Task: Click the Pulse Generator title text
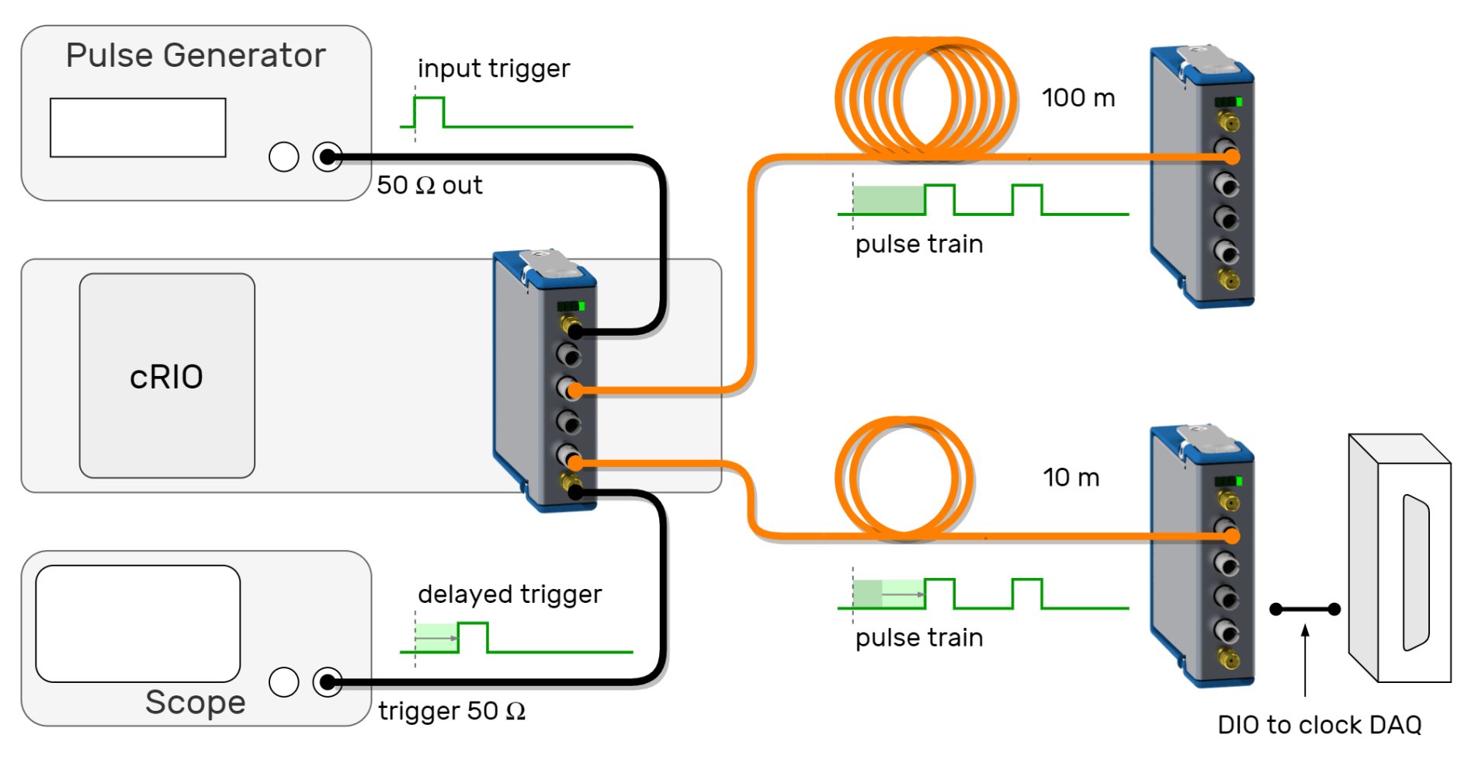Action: [196, 56]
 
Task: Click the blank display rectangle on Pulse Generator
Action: [137, 127]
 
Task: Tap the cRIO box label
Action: [166, 377]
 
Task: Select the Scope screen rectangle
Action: [137, 623]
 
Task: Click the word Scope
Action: [195, 702]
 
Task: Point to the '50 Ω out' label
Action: [429, 185]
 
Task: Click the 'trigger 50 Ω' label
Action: [451, 711]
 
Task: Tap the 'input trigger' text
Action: [493, 68]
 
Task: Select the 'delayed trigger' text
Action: [509, 594]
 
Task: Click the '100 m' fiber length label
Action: [1078, 98]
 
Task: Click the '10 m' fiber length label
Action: [1071, 477]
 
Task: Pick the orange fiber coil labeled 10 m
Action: [904, 478]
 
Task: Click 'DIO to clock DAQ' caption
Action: [1319, 725]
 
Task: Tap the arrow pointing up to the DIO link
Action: [1305, 660]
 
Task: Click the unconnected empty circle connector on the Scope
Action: [283, 682]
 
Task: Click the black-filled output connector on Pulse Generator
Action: [328, 157]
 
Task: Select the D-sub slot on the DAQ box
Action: [1414, 573]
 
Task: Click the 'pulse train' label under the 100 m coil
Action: [918, 244]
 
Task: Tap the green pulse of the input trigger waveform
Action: [429, 110]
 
